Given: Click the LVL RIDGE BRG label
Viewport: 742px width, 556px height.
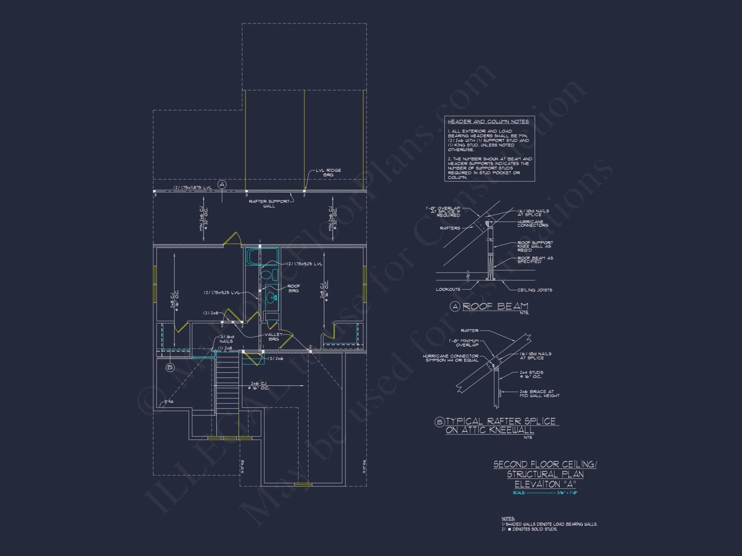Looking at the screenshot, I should point(328,172).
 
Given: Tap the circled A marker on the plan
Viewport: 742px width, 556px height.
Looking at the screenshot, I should point(222,184).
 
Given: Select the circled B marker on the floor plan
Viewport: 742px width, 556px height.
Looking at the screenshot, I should point(170,367).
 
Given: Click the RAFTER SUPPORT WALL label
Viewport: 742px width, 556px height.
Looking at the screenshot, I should point(269,203).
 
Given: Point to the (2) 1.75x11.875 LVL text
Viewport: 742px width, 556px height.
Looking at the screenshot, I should point(193,188).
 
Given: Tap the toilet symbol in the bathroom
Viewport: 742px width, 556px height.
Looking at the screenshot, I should point(269,275).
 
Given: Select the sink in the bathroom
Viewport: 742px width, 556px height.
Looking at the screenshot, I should point(272,298).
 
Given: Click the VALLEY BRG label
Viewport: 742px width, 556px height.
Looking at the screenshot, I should point(273,337).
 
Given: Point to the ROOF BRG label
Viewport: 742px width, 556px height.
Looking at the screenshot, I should point(293,288).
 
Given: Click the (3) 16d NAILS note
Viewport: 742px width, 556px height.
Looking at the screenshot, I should point(226,339).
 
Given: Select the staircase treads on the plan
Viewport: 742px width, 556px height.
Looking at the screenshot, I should point(227,382).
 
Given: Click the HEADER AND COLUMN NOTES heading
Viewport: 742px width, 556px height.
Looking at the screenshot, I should point(488,122).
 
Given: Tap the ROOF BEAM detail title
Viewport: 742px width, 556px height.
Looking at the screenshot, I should point(495,307).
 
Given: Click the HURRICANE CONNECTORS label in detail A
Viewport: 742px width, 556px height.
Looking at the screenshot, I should point(533,224).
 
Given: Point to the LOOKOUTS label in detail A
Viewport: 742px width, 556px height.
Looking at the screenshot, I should point(448,289).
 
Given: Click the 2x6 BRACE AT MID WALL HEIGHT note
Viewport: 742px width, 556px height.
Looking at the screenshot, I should point(539,394).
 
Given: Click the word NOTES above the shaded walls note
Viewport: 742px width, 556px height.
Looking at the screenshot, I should point(508,519).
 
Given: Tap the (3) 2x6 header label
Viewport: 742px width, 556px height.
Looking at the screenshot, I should point(276,358).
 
